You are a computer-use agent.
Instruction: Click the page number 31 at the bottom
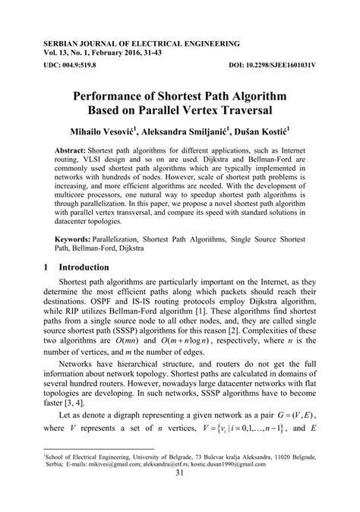(x=180, y=495)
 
